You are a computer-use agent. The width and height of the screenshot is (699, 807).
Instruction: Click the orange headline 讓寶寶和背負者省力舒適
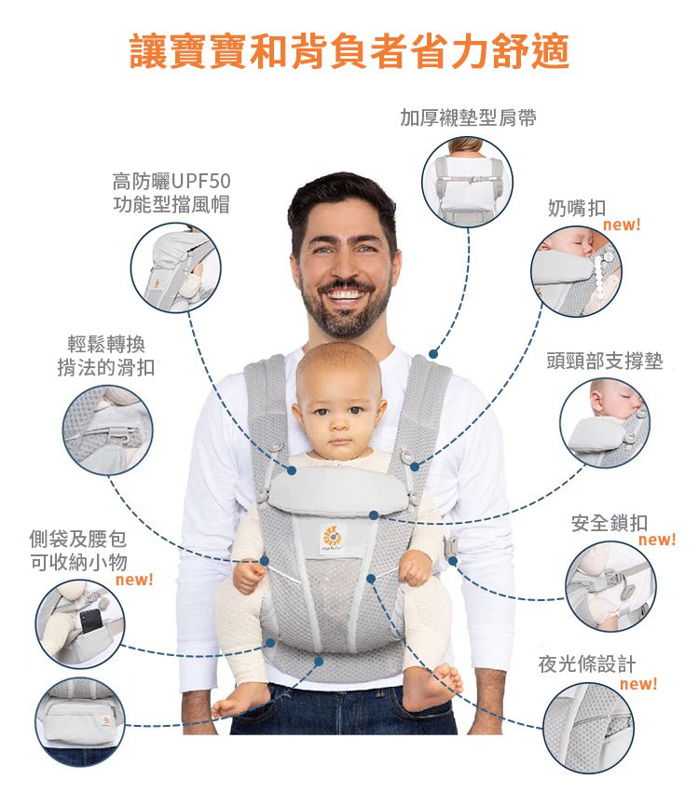tap(349, 52)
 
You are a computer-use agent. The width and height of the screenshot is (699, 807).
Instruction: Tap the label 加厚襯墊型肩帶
tap(468, 118)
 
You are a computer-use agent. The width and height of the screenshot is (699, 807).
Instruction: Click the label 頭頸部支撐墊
tap(605, 361)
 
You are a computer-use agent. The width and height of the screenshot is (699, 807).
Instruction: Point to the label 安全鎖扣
tap(610, 523)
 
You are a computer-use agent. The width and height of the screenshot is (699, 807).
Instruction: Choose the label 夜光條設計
tap(587, 664)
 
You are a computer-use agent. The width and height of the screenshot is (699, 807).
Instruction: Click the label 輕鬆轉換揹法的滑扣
tap(105, 356)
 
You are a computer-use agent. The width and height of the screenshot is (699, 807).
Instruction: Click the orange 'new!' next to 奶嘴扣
tap(622, 226)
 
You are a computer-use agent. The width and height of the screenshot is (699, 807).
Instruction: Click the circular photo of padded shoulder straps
tap(468, 182)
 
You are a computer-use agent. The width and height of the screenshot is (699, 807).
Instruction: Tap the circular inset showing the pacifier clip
tap(576, 272)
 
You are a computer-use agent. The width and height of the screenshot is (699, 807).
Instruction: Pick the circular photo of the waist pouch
tap(80, 722)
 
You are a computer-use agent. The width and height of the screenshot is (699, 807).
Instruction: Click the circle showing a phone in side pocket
tap(80, 623)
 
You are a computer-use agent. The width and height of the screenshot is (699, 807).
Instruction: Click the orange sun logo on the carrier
tap(331, 537)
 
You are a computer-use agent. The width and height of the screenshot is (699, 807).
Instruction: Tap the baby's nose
tap(338, 422)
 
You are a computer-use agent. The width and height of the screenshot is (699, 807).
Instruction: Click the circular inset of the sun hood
tap(175, 268)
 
